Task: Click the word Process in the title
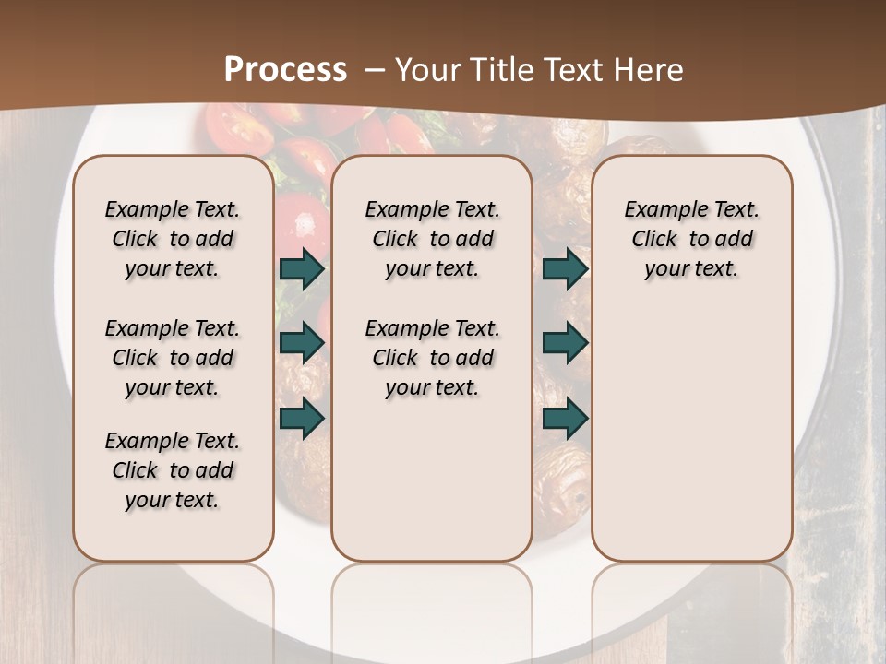[x=285, y=70]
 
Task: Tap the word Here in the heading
[x=651, y=70]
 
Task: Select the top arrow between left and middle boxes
[x=302, y=269]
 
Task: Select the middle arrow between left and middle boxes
[x=302, y=343]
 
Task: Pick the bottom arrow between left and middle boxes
[x=302, y=418]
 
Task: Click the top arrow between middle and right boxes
[x=565, y=269]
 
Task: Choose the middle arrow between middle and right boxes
[x=565, y=343]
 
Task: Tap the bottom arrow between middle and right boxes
[x=565, y=418]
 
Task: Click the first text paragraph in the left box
[x=173, y=239]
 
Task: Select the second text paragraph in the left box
[x=173, y=358]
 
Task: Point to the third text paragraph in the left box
[x=173, y=470]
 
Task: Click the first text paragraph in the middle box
[x=432, y=239]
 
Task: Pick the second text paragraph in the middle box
[x=432, y=358]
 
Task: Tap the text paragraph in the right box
[x=691, y=239]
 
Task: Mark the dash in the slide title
[x=376, y=70]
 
